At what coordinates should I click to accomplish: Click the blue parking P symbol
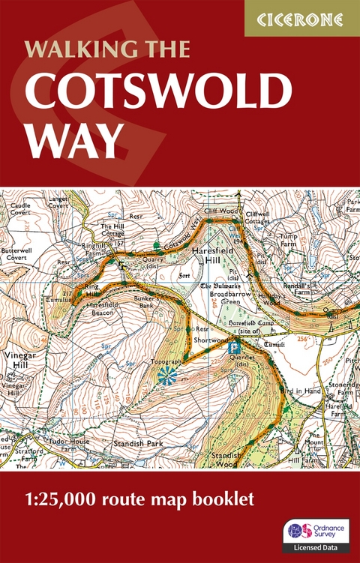[x=236, y=347]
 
